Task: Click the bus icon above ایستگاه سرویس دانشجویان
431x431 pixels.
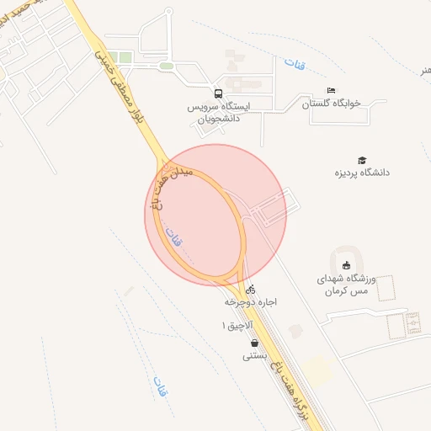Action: tap(218, 93)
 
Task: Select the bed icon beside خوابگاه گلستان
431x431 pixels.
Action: tap(331, 90)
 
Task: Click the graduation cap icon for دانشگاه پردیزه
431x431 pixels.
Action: tap(362, 160)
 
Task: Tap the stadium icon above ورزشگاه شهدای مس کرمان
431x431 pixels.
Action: tap(347, 266)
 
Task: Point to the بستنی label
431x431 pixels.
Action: tap(255, 355)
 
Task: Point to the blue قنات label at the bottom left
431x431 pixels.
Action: tap(158, 386)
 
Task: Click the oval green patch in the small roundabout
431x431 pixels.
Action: tap(167, 66)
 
